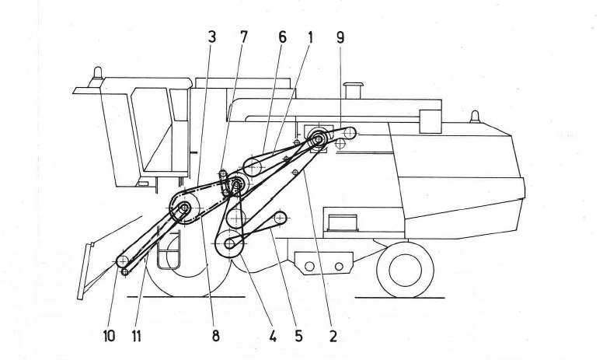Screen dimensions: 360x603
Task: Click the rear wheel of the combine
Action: pos(404,270)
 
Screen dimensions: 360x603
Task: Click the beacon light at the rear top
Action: pos(474,117)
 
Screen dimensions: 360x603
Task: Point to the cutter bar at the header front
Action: pos(85,272)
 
